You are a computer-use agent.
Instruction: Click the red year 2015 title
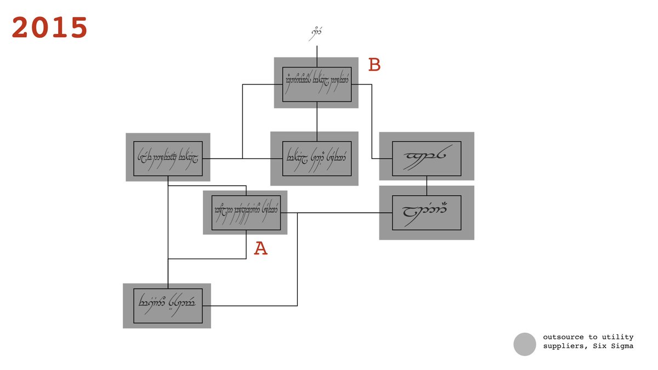pos(50,27)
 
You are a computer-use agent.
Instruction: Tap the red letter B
pos(375,65)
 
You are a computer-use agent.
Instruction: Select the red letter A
pos(260,249)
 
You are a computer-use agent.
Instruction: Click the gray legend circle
pos(524,344)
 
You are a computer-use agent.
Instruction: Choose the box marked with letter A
pos(246,212)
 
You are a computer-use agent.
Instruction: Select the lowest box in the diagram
pos(168,305)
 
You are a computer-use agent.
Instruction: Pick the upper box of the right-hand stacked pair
pos(427,158)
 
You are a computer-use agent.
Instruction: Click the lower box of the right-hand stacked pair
pos(427,212)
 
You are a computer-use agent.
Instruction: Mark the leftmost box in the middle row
pos(168,158)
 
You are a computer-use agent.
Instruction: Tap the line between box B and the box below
pos(317,121)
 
